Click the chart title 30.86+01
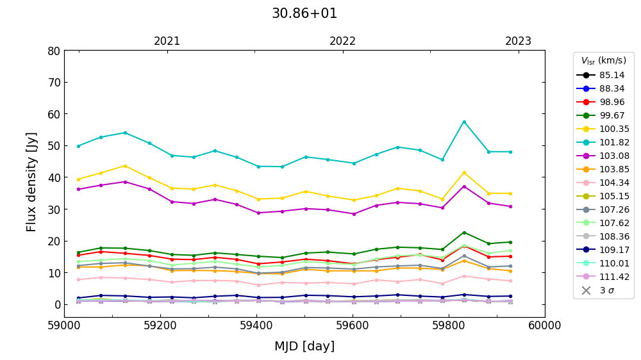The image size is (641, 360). point(304,13)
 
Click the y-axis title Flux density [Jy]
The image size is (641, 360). point(32,182)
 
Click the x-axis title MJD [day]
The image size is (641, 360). point(304,347)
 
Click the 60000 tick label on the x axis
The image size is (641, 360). point(545,326)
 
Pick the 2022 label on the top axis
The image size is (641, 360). point(343,41)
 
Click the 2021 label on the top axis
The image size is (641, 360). point(167,41)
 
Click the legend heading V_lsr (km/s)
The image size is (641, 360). point(603,61)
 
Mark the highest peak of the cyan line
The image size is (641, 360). point(464,122)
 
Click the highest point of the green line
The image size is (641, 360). point(464,233)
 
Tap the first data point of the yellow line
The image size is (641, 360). point(78,179)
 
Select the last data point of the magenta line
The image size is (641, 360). point(510,206)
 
